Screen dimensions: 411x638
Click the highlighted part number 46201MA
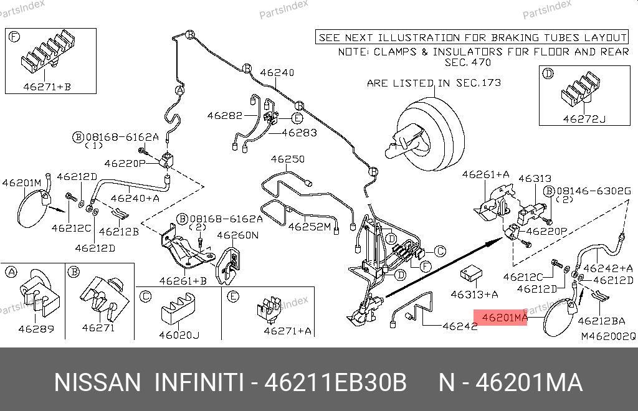click(500, 318)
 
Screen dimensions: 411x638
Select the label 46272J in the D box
click(584, 118)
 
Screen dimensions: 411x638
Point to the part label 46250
click(287, 159)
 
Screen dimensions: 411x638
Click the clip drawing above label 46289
click(36, 291)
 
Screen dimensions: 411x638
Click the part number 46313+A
click(475, 293)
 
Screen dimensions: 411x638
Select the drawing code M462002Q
click(608, 336)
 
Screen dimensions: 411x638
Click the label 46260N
click(237, 235)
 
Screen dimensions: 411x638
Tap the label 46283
click(299, 133)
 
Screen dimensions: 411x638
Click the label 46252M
click(309, 227)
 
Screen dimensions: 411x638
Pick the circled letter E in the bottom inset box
click(232, 296)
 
